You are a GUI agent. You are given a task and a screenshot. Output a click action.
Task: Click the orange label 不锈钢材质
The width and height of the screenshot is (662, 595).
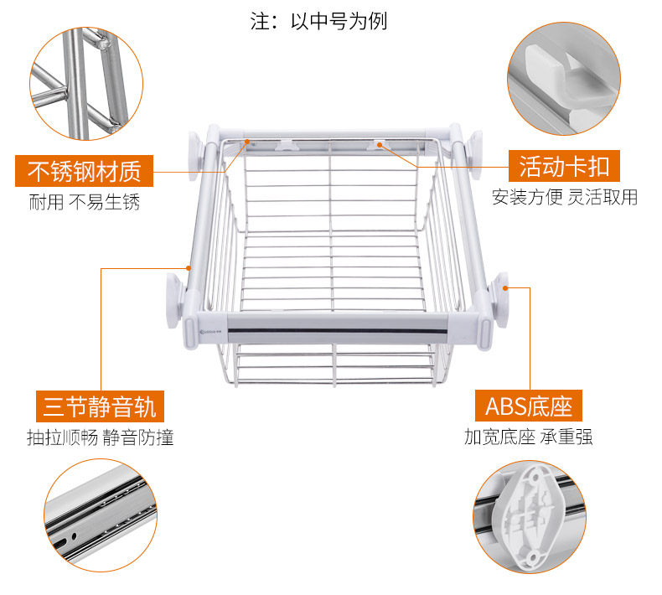click(x=84, y=171)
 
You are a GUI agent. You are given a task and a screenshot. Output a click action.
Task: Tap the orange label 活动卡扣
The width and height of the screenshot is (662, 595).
click(x=564, y=166)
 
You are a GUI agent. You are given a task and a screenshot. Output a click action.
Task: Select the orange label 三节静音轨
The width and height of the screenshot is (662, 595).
click(x=99, y=407)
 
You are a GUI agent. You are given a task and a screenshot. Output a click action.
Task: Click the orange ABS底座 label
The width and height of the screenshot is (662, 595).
click(x=529, y=407)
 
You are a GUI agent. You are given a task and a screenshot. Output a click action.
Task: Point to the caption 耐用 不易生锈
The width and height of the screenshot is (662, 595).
click(x=85, y=202)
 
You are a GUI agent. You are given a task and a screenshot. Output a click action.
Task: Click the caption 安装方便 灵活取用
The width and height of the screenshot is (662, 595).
click(x=564, y=198)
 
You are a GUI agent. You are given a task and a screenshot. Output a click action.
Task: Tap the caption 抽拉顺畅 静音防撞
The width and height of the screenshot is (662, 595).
click(x=100, y=437)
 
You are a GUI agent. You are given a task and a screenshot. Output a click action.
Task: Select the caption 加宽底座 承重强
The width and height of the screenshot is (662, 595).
click(x=529, y=437)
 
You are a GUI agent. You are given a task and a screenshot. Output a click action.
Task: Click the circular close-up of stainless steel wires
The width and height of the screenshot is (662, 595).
click(x=86, y=83)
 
